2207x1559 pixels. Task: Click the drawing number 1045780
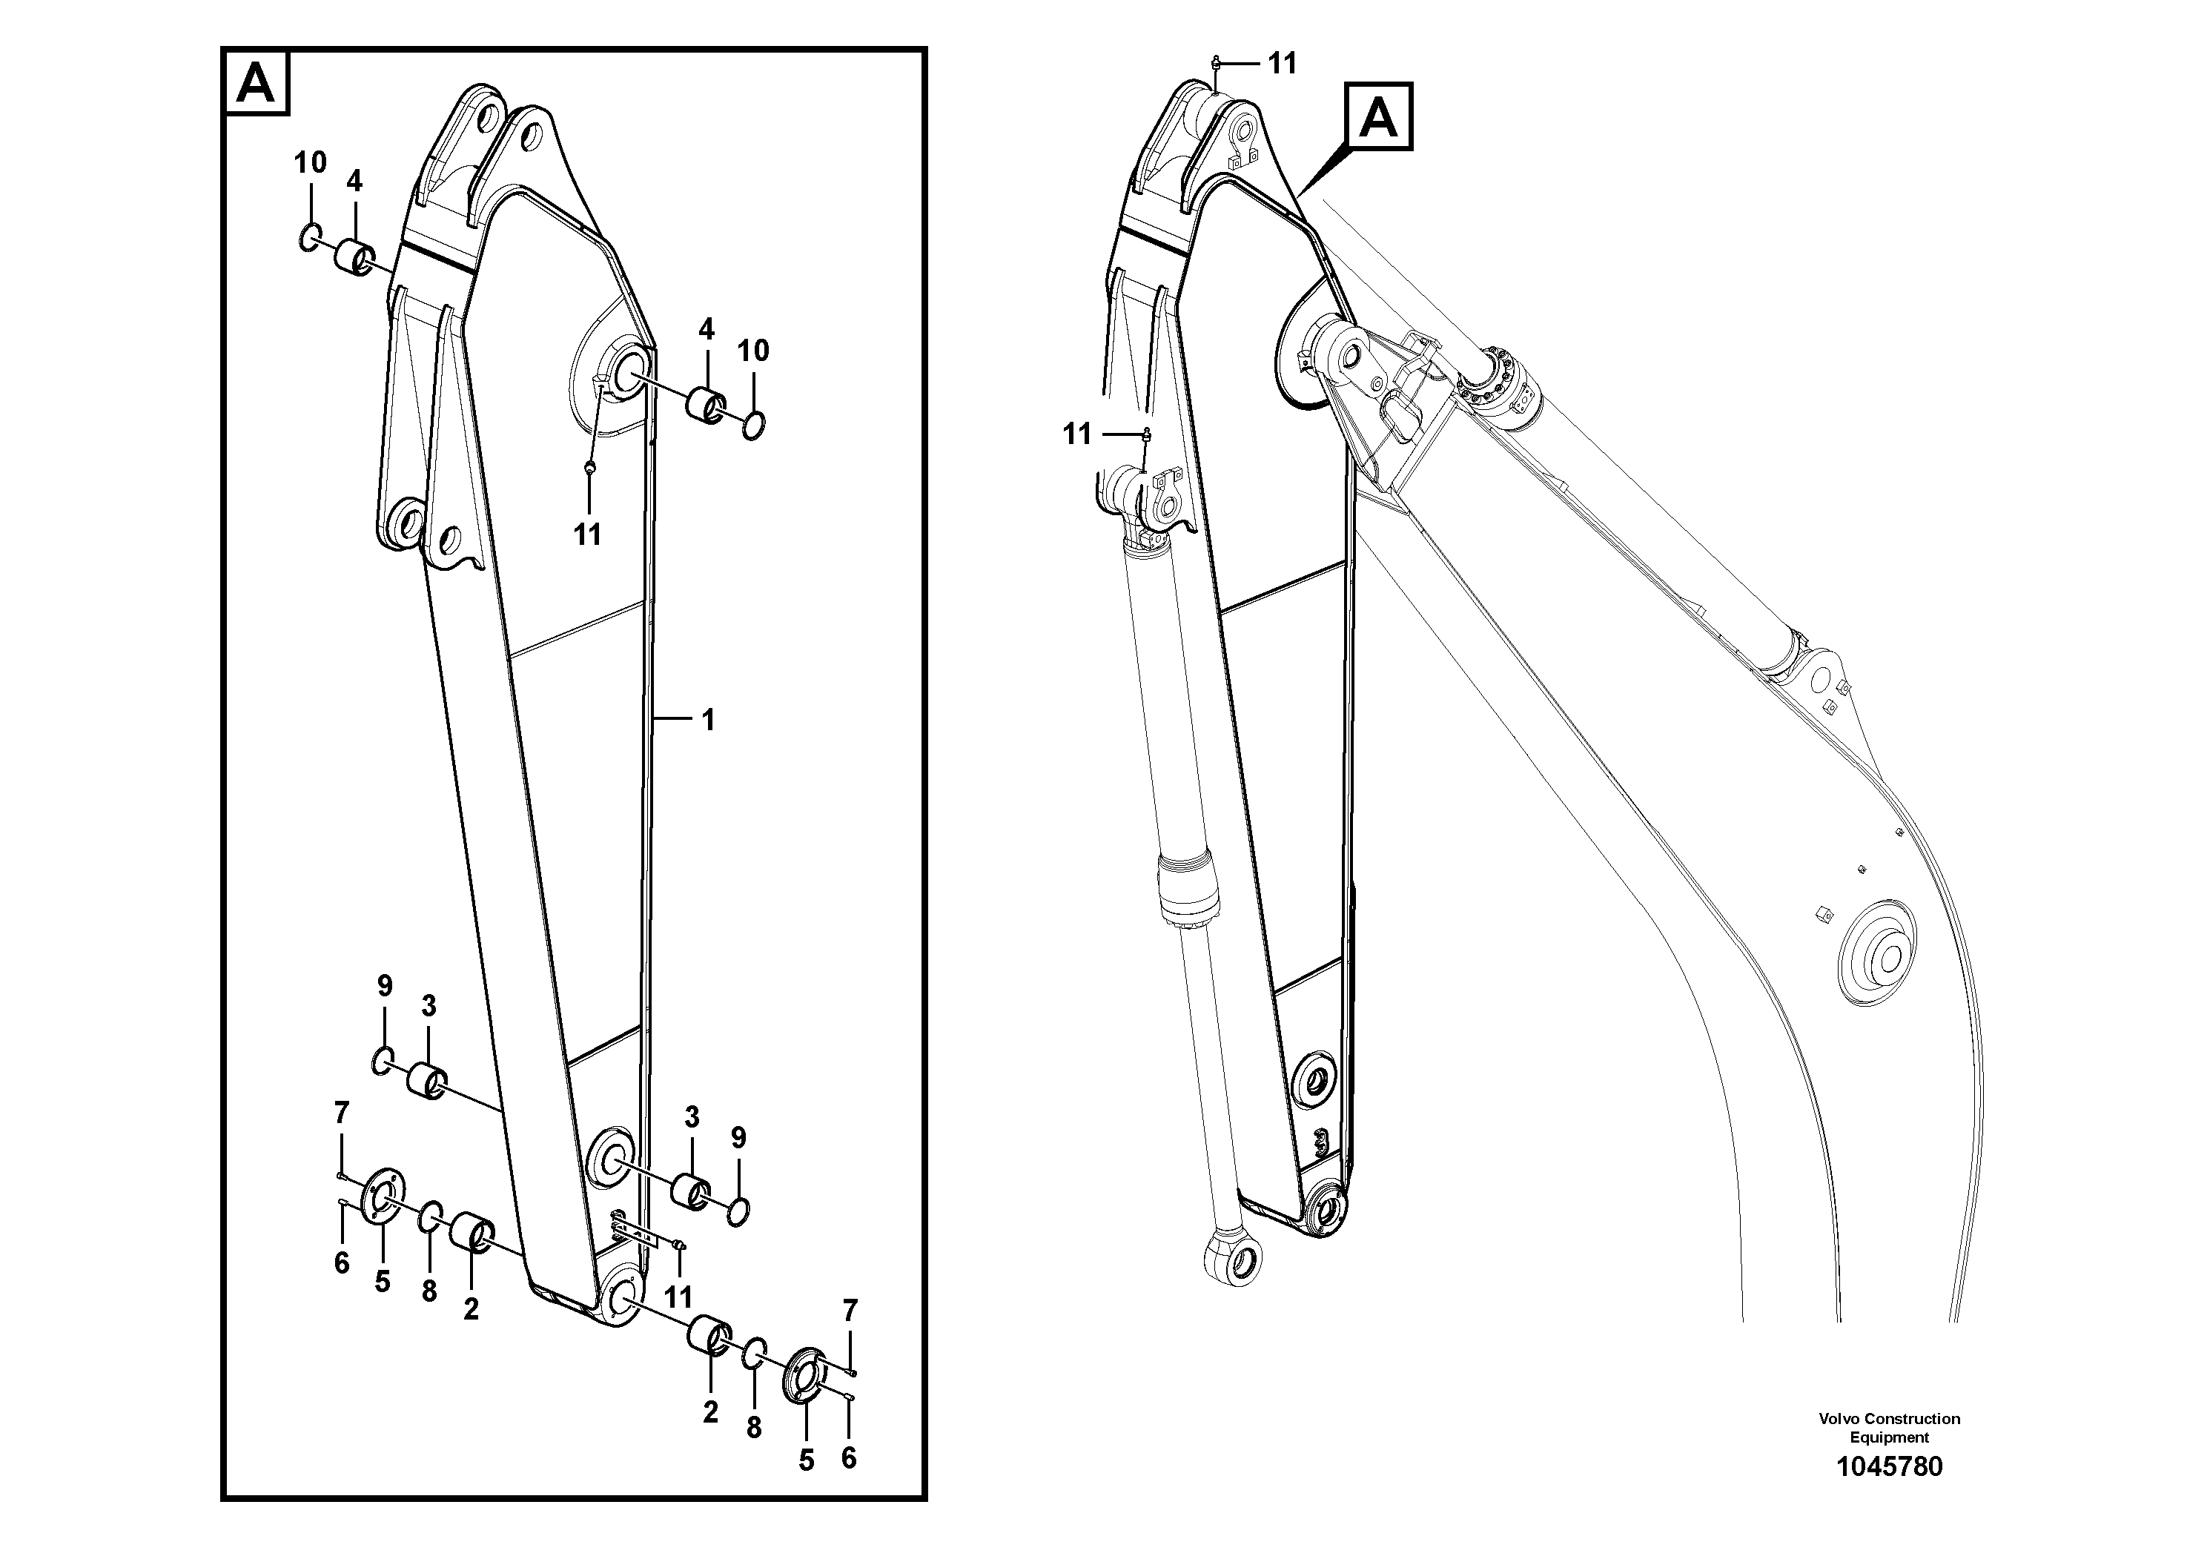click(x=1888, y=1468)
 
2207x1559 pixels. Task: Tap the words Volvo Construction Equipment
click(x=1889, y=1427)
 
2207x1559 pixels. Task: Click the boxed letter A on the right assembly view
click(x=1378, y=117)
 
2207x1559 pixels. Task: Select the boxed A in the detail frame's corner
click(x=257, y=84)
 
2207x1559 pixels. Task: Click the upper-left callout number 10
click(x=311, y=163)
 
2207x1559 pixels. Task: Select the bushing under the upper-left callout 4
click(x=354, y=257)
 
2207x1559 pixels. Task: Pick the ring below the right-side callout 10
click(x=755, y=424)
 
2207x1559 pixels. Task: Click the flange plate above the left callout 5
click(x=383, y=1195)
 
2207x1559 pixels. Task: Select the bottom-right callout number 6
click(x=848, y=1458)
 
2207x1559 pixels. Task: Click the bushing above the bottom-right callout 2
click(x=709, y=1336)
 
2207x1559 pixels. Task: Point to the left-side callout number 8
click(x=429, y=1291)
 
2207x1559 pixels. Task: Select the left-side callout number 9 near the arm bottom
click(x=385, y=985)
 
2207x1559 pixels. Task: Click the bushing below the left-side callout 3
click(x=426, y=1079)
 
